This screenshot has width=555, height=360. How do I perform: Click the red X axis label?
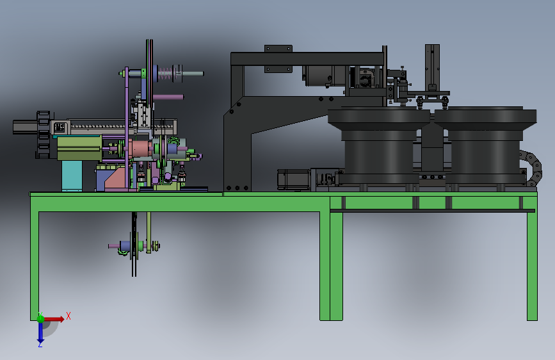[68, 316]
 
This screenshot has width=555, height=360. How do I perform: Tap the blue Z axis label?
[40, 344]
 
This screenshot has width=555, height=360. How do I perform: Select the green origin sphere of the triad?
[40, 318]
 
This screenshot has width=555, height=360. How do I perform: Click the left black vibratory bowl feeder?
[379, 145]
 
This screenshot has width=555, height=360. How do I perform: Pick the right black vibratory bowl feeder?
[486, 145]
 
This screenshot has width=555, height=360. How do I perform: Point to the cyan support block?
[72, 176]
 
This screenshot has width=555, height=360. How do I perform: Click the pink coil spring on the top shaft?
[165, 74]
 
